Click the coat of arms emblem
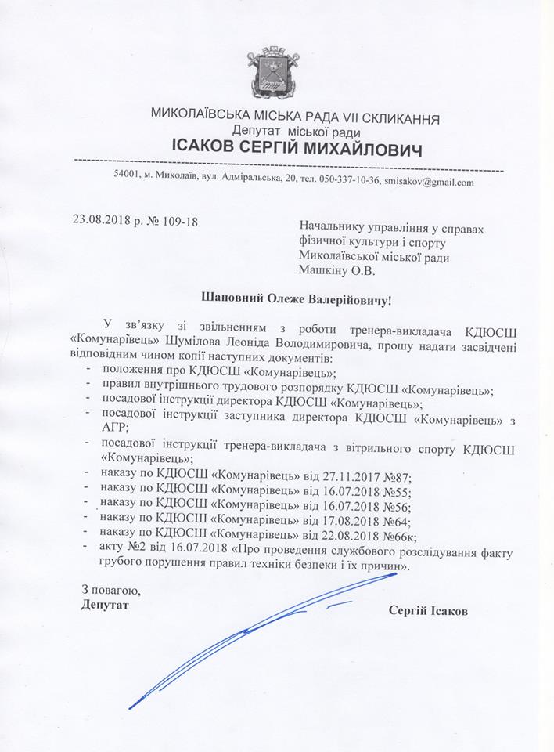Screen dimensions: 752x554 pos(272,73)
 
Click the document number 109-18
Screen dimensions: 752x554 pos(176,222)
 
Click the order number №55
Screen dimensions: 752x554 pos(395,490)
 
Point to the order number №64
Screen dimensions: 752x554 pos(395,520)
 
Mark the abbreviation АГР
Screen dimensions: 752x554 pos(115,428)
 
